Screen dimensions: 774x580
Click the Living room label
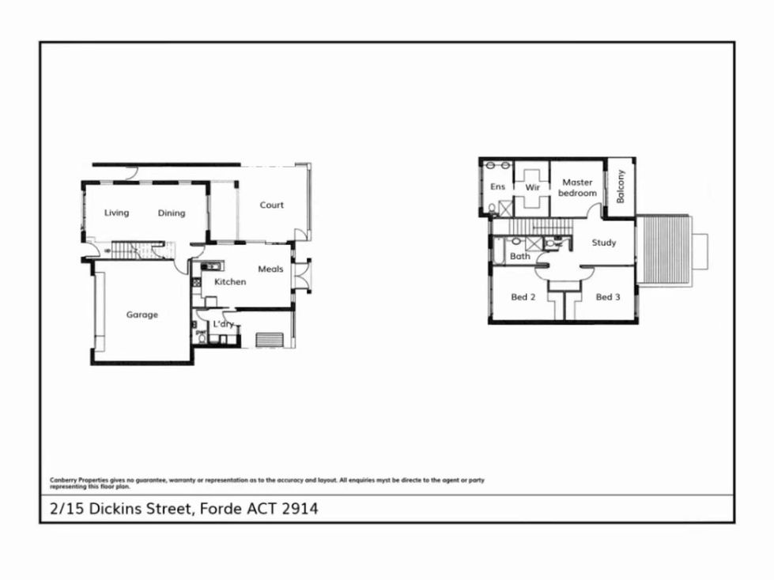(116, 213)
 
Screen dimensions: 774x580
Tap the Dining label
(172, 213)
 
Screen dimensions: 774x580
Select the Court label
(271, 205)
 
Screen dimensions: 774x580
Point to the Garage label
(142, 314)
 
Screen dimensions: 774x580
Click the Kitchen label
(230, 281)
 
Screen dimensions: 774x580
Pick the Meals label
(270, 269)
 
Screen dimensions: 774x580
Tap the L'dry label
(224, 324)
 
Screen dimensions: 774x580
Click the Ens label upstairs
(497, 186)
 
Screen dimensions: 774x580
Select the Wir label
(532, 187)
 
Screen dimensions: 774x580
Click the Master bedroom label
(578, 187)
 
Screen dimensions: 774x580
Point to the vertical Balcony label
(621, 186)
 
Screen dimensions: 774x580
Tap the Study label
(604, 243)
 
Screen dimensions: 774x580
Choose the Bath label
(519, 256)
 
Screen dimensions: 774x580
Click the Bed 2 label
(523, 297)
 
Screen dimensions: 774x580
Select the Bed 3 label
(608, 297)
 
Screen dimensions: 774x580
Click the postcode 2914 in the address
(300, 508)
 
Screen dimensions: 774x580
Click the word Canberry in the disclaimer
(62, 480)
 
